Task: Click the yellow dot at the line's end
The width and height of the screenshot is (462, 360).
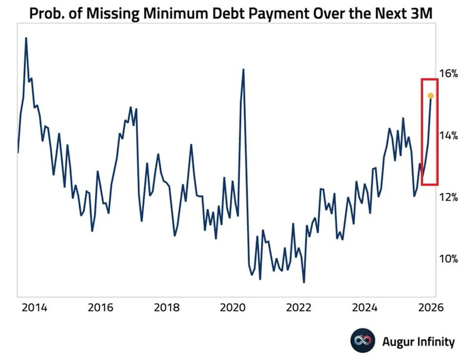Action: pos(431,96)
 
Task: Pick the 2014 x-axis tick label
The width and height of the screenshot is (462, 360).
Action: pos(35,308)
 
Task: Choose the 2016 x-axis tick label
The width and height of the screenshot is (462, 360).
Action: pos(101,308)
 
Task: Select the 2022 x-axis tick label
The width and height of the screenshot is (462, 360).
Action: pos(299,308)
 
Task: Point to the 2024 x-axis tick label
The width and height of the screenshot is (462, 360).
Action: pos(365,308)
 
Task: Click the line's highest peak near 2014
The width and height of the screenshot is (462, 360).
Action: pos(26,38)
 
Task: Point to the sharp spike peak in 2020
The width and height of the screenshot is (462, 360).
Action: pos(243,69)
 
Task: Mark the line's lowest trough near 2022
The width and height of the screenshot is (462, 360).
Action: pos(304,282)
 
